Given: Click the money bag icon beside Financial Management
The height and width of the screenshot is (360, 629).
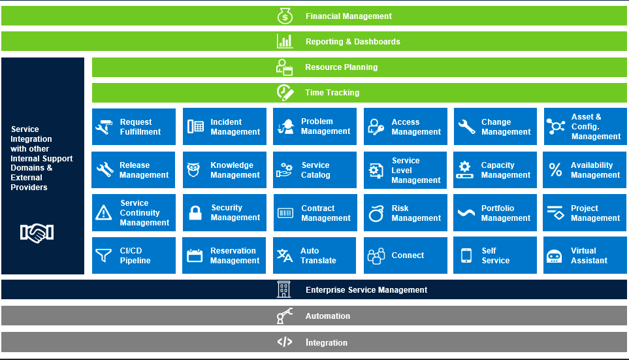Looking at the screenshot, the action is click(285, 16).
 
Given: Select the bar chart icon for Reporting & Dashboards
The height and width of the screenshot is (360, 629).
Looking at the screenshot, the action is click(285, 41).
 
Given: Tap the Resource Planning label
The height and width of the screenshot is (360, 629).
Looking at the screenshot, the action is click(342, 67).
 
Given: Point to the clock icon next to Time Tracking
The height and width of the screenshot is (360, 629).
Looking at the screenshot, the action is click(285, 92).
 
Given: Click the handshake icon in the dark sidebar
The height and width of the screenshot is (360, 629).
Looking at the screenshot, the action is click(37, 233).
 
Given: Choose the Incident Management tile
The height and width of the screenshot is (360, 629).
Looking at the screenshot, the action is click(224, 126).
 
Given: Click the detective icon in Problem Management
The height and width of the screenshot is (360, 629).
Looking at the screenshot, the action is click(285, 127).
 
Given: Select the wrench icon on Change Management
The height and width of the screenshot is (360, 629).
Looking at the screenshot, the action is click(467, 127).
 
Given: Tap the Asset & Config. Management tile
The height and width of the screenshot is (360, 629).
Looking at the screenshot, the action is click(585, 126).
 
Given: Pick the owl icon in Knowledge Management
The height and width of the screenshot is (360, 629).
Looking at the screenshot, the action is click(194, 170).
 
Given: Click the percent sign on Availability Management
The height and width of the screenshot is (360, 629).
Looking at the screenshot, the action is click(556, 170).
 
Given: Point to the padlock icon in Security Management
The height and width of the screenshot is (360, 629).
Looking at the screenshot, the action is click(195, 213).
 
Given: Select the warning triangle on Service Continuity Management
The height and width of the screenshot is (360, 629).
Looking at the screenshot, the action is click(103, 213).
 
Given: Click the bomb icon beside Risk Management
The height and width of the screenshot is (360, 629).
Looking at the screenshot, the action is click(376, 213).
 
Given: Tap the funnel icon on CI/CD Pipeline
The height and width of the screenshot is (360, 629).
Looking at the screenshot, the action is click(103, 255).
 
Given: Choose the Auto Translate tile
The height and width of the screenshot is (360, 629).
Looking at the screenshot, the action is click(315, 255).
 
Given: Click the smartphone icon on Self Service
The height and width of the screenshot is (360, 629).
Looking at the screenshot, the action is click(466, 255).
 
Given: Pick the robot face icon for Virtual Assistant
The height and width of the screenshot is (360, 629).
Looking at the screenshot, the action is click(555, 256).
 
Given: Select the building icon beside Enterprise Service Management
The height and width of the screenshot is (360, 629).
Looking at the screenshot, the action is click(283, 289).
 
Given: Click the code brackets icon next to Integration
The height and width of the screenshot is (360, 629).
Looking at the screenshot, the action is click(285, 342).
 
